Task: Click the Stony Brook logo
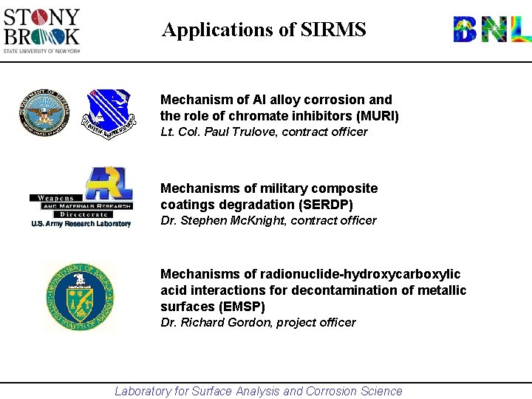(41, 30)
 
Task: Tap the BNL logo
(491, 30)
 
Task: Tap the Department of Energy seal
(79, 296)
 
